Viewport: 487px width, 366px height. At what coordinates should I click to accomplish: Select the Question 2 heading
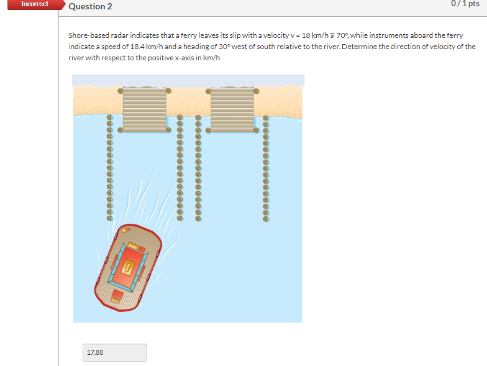pyautogui.click(x=86, y=6)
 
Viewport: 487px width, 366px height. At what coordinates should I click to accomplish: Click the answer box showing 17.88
pyautogui.click(x=114, y=352)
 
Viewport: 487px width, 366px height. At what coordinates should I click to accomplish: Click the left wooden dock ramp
pyautogui.click(x=144, y=109)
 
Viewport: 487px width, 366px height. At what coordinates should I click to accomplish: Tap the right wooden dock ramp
pyautogui.click(x=232, y=109)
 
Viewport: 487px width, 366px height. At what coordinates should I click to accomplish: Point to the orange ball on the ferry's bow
pyautogui.click(x=124, y=231)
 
